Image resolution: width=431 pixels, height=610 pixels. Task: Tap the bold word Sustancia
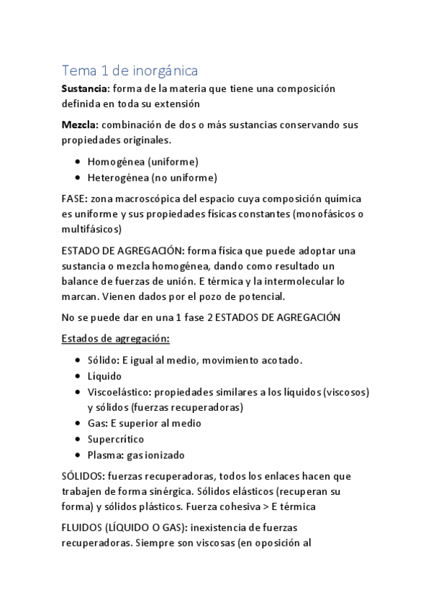click(x=85, y=88)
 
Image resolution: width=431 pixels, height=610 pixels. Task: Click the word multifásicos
click(x=91, y=229)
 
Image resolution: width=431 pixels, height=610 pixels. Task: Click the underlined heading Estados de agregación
click(x=116, y=339)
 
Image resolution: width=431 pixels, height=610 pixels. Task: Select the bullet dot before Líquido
click(x=77, y=376)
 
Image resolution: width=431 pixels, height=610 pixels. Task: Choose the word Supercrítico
click(x=115, y=439)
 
